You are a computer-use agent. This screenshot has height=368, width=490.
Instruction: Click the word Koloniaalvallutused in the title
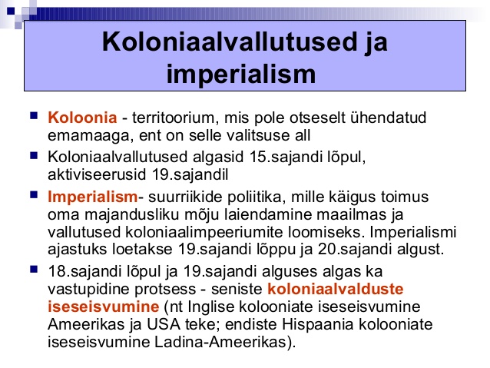pos(230,41)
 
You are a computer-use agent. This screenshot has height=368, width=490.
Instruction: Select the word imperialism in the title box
pos(241,74)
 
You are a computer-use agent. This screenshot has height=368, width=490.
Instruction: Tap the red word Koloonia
pos(82,118)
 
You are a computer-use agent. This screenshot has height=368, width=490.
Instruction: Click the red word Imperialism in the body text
pos(92,197)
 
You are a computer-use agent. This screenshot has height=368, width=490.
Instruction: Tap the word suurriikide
pos(184,197)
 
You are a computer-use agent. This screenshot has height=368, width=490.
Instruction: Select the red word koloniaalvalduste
pos(336,289)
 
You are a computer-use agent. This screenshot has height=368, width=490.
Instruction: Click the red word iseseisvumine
pos(104,307)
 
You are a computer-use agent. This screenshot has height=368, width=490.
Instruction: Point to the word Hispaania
pos(317,324)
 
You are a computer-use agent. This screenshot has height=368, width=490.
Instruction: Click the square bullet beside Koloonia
pos(34,116)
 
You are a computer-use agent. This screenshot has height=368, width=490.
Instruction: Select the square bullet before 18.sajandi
pos(34,269)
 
